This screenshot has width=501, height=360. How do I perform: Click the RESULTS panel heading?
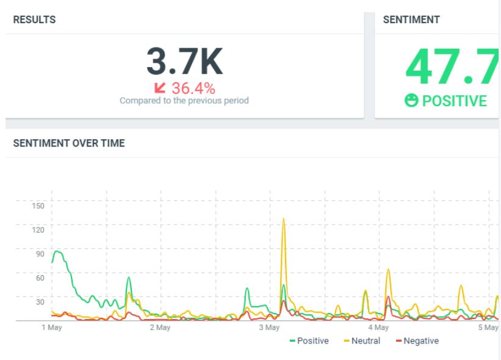(34, 20)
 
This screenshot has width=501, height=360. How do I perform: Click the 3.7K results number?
(185, 61)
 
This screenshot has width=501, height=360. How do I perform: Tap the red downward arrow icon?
(160, 88)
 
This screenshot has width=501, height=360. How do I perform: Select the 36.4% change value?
(193, 88)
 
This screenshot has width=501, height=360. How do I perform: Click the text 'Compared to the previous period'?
(184, 101)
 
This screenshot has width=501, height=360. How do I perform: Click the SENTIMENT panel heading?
(411, 20)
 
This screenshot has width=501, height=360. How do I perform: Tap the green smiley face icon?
(411, 100)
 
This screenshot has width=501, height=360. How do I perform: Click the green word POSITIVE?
(455, 101)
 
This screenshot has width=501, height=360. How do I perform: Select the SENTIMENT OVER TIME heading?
(69, 143)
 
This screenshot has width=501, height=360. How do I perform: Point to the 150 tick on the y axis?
(38, 206)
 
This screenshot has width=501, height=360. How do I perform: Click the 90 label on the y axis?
(40, 254)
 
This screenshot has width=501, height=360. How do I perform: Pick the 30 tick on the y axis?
(40, 302)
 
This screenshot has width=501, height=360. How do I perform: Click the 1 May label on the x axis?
(52, 328)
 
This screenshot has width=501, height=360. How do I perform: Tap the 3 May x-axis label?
(269, 328)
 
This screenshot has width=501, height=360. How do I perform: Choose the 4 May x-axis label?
(378, 328)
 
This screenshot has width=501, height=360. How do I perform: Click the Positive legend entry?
(309, 341)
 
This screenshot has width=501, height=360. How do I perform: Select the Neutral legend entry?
(362, 341)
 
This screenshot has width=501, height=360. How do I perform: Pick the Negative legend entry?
(417, 341)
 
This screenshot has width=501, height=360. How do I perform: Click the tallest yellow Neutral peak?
(283, 219)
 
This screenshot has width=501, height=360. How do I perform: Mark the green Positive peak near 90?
(57, 251)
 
